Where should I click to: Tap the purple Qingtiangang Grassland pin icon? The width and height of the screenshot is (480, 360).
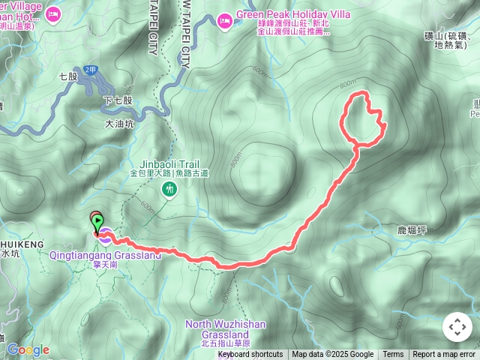[106, 237]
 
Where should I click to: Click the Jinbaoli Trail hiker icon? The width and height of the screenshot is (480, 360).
[170, 191]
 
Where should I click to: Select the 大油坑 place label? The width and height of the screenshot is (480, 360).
[119, 124]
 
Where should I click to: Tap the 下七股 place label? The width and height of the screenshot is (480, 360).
[118, 100]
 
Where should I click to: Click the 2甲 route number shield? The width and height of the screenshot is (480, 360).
[90, 70]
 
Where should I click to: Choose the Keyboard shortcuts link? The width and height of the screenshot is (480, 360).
[250, 355]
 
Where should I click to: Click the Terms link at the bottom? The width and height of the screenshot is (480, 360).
[393, 355]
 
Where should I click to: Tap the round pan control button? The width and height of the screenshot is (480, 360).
[457, 327]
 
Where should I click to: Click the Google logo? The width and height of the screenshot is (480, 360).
[28, 349]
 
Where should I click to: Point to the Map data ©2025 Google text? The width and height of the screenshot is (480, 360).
[332, 355]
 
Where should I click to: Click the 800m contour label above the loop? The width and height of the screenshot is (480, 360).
[347, 82]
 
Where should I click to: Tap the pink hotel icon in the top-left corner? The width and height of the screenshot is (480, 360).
[53, 13]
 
